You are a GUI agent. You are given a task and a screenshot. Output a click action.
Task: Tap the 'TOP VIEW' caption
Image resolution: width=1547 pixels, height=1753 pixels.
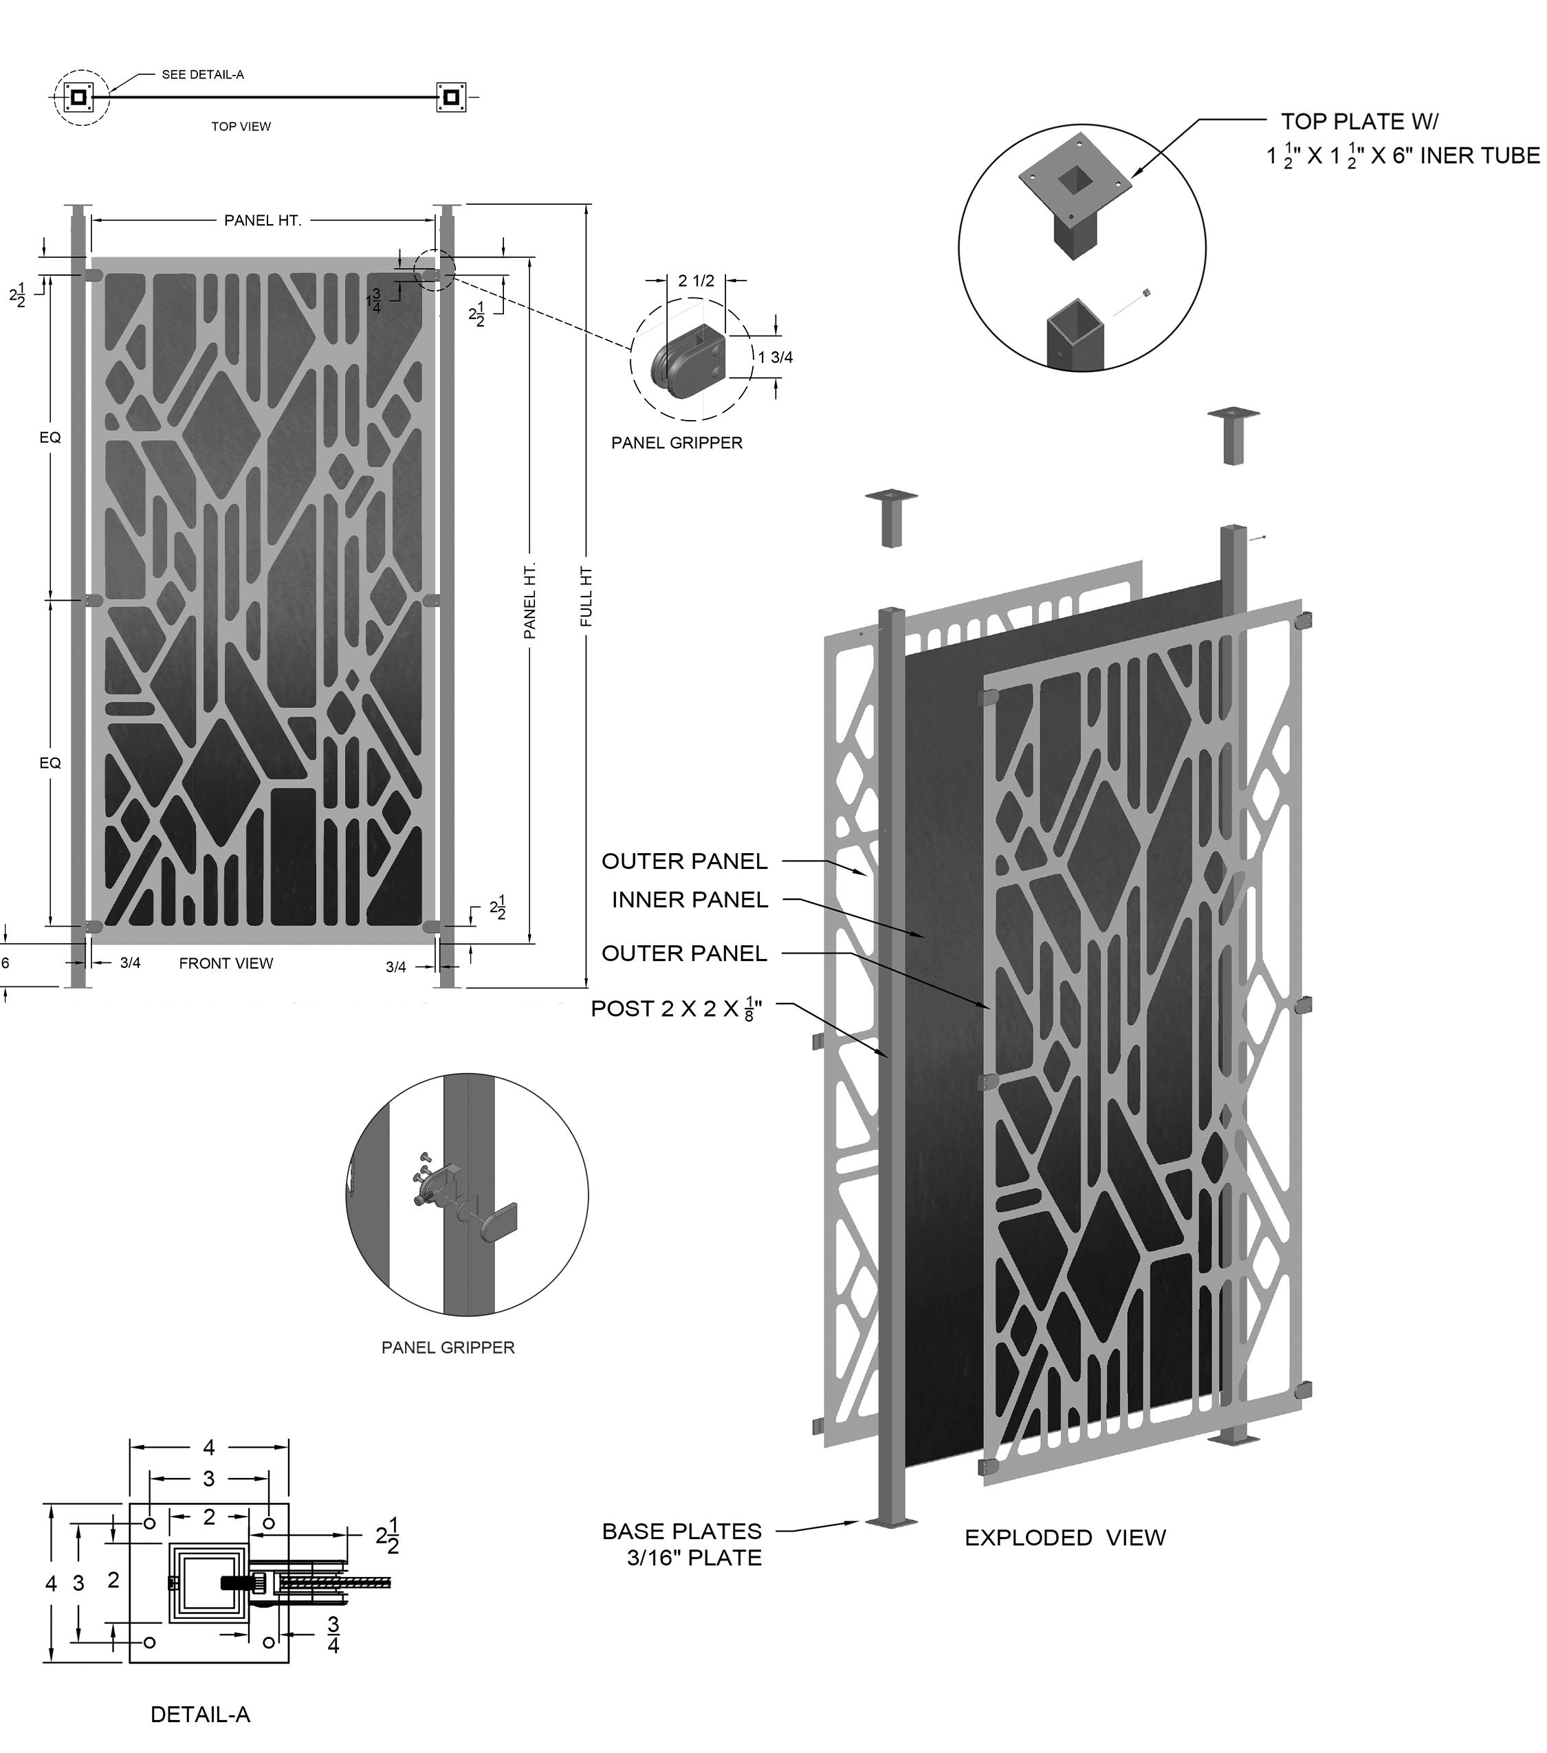pyautogui.click(x=241, y=126)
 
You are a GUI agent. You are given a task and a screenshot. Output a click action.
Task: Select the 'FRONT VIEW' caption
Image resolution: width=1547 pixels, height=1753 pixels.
pyautogui.click(x=226, y=963)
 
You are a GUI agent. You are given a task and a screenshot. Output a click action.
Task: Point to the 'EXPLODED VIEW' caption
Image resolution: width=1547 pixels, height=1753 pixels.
pyautogui.click(x=1065, y=1538)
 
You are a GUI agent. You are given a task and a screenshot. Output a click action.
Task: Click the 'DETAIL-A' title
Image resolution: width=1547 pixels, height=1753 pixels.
pyautogui.click(x=200, y=1715)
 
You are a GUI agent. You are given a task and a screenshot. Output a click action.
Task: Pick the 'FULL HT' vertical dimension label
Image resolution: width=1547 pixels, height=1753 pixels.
pyautogui.click(x=586, y=597)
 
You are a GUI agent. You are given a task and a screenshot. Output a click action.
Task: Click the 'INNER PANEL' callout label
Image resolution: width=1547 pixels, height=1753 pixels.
pyautogui.click(x=690, y=900)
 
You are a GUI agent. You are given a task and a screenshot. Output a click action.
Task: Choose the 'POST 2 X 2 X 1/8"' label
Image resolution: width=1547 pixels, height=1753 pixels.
pyautogui.click(x=677, y=1008)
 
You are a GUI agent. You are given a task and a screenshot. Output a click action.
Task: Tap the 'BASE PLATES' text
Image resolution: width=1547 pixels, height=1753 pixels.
pyautogui.click(x=682, y=1531)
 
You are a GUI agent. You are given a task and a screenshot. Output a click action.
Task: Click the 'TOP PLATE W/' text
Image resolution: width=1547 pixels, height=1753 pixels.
pyautogui.click(x=1360, y=121)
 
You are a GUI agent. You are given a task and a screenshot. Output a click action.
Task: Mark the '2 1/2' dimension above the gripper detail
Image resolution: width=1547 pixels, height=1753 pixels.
pyautogui.click(x=696, y=280)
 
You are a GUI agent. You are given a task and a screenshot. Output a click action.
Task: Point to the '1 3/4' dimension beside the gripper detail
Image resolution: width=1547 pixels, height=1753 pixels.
pyautogui.click(x=775, y=357)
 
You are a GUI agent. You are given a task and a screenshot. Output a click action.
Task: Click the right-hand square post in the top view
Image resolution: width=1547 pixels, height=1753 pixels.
pyautogui.click(x=451, y=97)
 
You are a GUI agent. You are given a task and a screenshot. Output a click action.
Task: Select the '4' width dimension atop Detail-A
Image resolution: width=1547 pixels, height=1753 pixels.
pyautogui.click(x=208, y=1448)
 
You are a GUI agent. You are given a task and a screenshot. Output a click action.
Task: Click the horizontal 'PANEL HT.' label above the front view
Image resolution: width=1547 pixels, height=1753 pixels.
pyautogui.click(x=263, y=221)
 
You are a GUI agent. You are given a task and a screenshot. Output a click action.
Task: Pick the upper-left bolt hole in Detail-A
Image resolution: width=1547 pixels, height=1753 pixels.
pyautogui.click(x=150, y=1523)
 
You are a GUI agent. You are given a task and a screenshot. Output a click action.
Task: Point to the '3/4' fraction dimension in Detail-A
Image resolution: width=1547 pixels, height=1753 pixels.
pyautogui.click(x=333, y=1635)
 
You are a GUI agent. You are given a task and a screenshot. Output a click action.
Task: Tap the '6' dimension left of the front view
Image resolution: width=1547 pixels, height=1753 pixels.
pyautogui.click(x=5, y=962)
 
